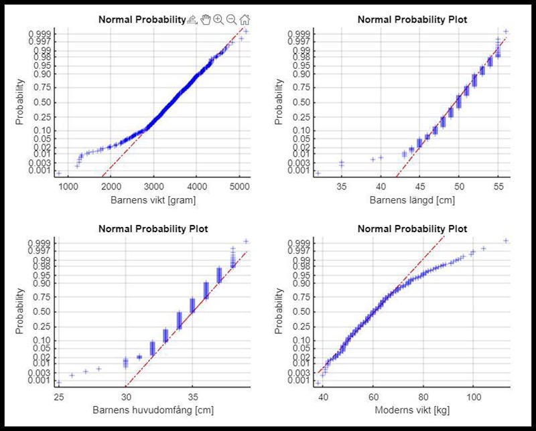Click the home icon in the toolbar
click(x=245, y=20)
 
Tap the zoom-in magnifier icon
click(x=218, y=20)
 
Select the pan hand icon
click(x=206, y=20)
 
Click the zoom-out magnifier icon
click(x=231, y=20)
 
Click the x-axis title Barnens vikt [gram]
click(x=153, y=199)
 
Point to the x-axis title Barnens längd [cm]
click(x=413, y=199)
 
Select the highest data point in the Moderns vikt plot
click(x=506, y=241)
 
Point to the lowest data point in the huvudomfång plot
click(x=59, y=383)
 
